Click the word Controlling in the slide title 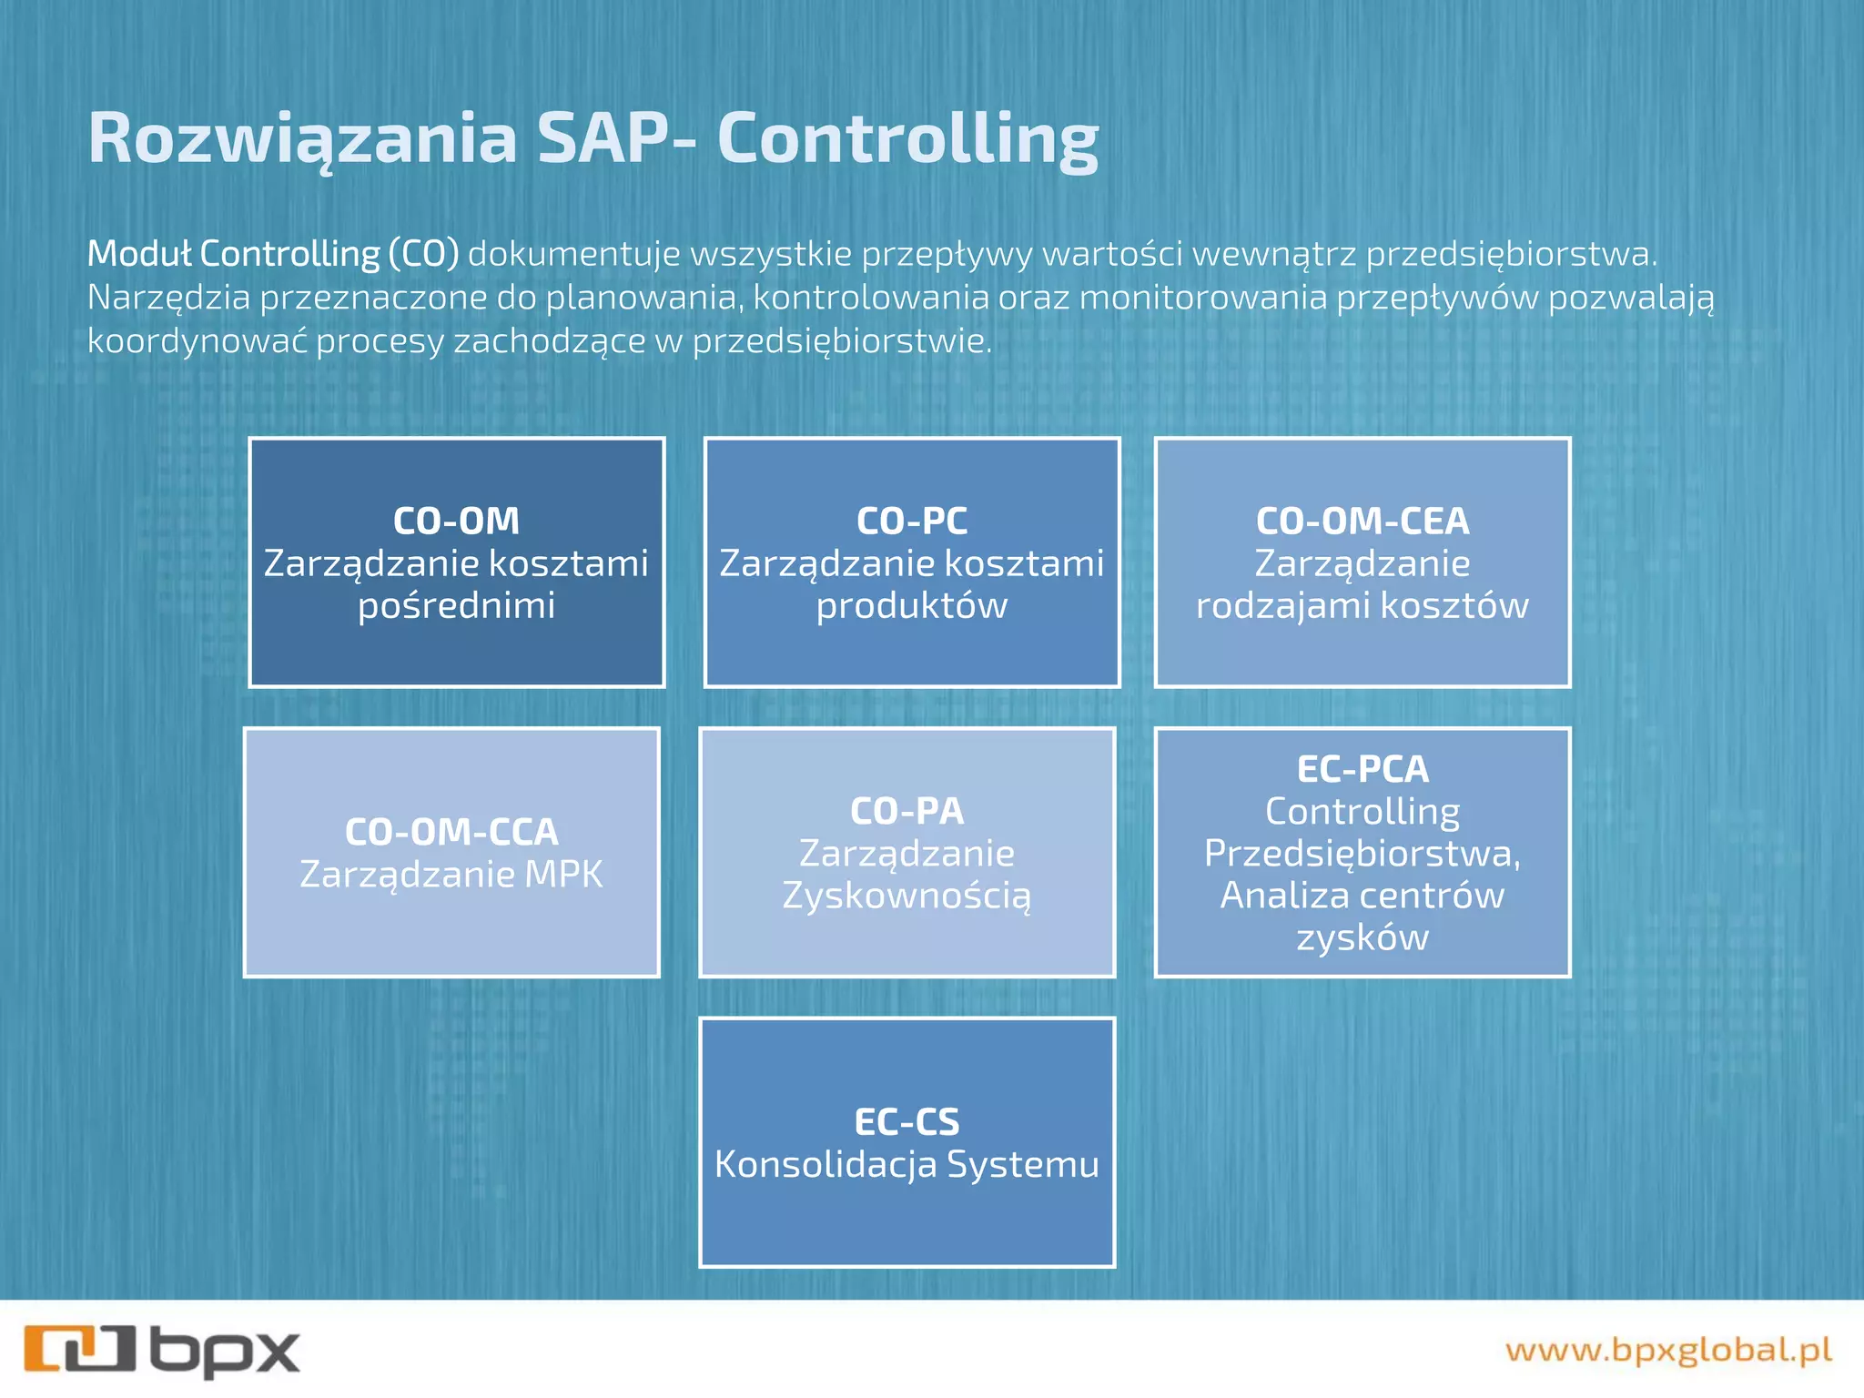tap(907, 138)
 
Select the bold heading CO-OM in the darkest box tap(456, 522)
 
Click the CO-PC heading tap(911, 522)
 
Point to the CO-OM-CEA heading tap(1362, 522)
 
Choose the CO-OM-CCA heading tap(451, 832)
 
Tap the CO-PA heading tap(907, 811)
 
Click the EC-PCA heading tap(1362, 769)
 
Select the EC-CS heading tap(907, 1122)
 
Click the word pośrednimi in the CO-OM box tap(456, 606)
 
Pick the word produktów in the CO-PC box tap(911, 606)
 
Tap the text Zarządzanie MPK tap(451, 875)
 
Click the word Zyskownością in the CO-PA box tap(907, 896)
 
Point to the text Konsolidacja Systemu tap(907, 1165)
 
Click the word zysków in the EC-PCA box tap(1362, 937)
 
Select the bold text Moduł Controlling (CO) tap(272, 254)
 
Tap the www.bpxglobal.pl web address tap(1667, 1350)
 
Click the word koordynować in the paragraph tap(196, 341)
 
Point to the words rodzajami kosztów tap(1362, 606)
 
